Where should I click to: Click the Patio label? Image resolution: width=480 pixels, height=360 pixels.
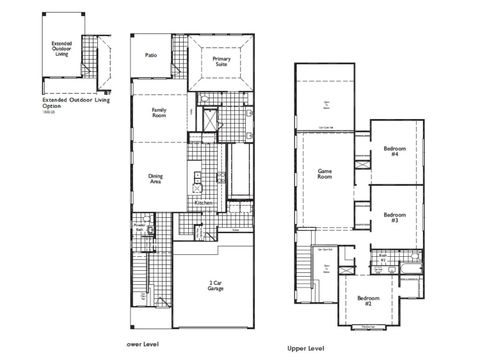tap(151, 56)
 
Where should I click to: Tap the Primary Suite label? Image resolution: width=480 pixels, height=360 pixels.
tap(221, 62)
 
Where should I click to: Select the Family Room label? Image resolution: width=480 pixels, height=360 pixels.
tap(159, 112)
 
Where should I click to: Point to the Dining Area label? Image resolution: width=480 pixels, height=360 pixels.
tap(156, 178)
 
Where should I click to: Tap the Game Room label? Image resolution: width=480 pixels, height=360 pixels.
tap(325, 173)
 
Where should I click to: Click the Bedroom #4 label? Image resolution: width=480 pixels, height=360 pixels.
tap(395, 151)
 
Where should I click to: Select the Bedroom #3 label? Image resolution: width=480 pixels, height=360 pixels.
tap(395, 216)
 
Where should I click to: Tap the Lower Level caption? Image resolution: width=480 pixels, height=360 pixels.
tap(145, 344)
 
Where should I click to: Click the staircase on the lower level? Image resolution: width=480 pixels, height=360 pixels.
tap(142, 280)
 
